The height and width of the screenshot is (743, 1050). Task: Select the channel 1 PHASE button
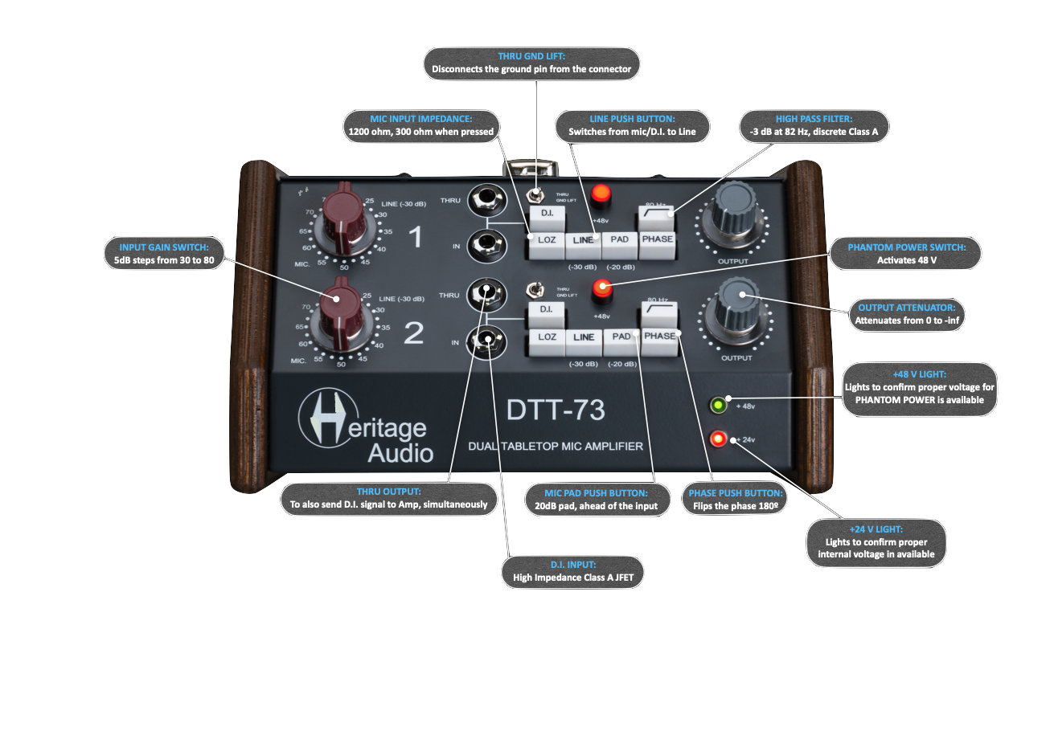[658, 240]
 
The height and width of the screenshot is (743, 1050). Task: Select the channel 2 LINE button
[584, 338]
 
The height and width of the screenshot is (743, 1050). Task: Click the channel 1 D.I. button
[547, 214]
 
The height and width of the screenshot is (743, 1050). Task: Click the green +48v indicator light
[717, 405]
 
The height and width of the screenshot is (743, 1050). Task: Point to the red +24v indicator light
[718, 439]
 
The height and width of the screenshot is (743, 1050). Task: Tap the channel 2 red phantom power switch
[601, 289]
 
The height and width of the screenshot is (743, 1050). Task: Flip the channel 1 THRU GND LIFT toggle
[533, 195]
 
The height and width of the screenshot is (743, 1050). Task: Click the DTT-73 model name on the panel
[556, 410]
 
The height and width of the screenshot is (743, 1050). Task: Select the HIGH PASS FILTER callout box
[814, 126]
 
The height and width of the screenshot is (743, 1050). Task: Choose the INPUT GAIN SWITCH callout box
[164, 254]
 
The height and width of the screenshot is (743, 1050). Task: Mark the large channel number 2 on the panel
[413, 333]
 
